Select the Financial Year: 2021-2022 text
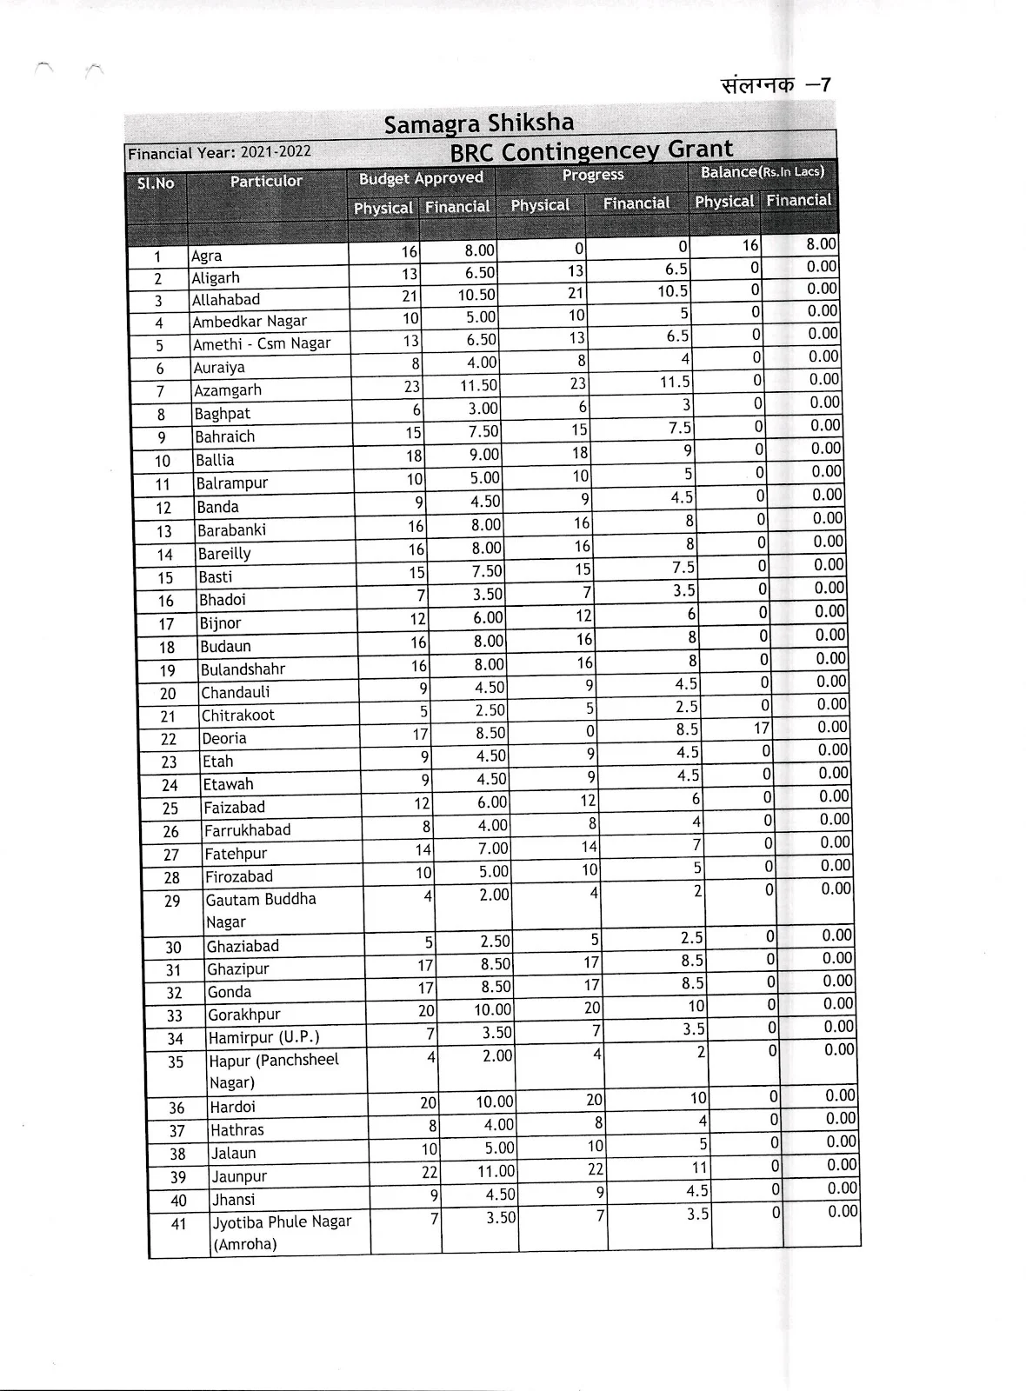(219, 153)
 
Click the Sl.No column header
(156, 183)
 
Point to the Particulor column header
(266, 181)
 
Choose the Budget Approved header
(421, 178)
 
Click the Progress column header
(593, 175)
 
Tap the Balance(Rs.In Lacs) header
(763, 172)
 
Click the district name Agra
(207, 256)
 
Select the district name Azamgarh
(228, 390)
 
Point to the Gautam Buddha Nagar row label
(260, 910)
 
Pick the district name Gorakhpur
(244, 1015)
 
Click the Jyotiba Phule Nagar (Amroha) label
(282, 1233)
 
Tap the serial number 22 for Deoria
(169, 739)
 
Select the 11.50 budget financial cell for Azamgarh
(478, 385)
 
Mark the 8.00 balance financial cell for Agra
(821, 245)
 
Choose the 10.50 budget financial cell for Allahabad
(476, 295)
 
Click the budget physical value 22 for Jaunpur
(430, 1173)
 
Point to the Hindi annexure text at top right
(776, 85)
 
